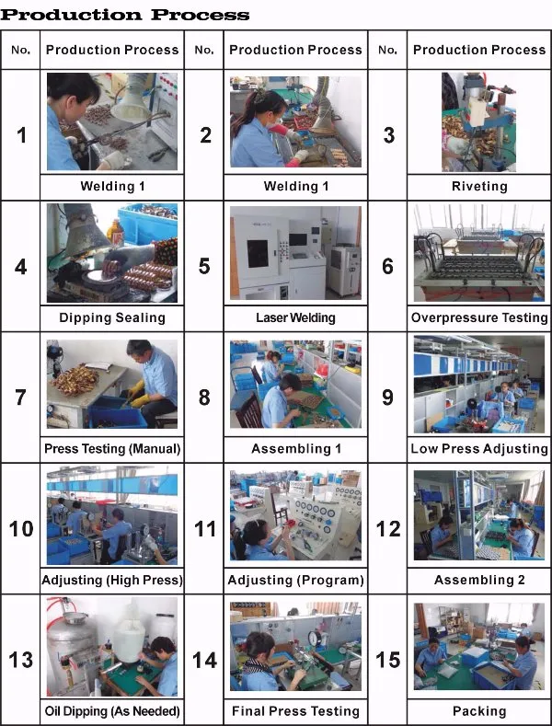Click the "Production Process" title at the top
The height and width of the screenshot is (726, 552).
(x=125, y=15)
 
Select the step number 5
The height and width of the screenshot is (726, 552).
(x=204, y=267)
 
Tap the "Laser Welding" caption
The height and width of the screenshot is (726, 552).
(x=295, y=317)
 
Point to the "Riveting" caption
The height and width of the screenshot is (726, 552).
(x=479, y=186)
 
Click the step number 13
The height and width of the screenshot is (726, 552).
(x=21, y=660)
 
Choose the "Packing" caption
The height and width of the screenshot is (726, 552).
(x=479, y=711)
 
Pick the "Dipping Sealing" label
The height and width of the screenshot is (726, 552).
(x=112, y=317)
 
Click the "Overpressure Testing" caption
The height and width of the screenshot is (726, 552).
(x=479, y=317)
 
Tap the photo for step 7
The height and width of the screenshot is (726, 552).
(x=112, y=385)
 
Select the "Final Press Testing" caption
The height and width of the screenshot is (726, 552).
(x=295, y=711)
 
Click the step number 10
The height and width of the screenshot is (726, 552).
(x=21, y=529)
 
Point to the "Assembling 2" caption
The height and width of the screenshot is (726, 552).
(x=479, y=580)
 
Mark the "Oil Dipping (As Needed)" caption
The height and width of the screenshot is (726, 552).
(x=112, y=711)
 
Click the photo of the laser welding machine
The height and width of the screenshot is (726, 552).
(x=295, y=253)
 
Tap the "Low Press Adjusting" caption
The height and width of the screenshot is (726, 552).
(x=479, y=449)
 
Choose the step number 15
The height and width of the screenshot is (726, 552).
(x=388, y=660)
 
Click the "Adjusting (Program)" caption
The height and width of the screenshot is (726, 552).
(x=295, y=580)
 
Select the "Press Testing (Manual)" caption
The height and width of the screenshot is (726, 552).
(x=112, y=449)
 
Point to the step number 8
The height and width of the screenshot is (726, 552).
(x=204, y=398)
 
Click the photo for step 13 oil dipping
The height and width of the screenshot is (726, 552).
(x=112, y=646)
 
